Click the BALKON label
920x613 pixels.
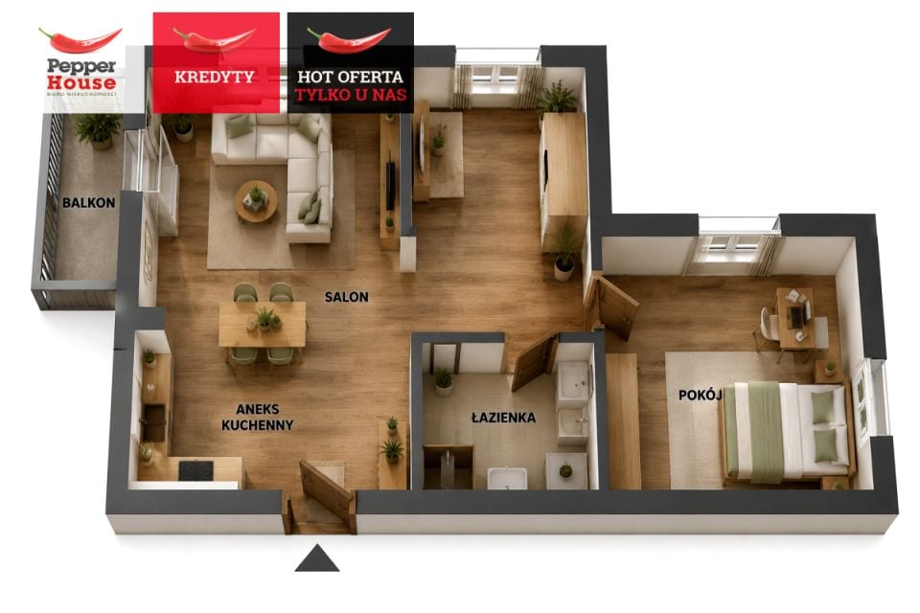tap(88, 203)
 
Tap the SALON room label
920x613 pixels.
tap(347, 297)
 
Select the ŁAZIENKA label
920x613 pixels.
tap(503, 417)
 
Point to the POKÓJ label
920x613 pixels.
tap(700, 395)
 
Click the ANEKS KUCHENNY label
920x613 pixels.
tap(258, 417)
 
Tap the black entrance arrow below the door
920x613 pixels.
tap(317, 557)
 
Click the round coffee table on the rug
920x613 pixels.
tap(256, 202)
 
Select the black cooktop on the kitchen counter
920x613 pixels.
tap(195, 470)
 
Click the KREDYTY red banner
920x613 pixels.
tap(216, 62)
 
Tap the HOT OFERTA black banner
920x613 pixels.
tap(351, 62)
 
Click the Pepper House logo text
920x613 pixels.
tap(81, 74)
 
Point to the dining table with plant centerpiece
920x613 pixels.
tap(263, 325)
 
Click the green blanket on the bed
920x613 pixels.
tap(766, 431)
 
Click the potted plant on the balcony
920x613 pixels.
tap(98, 129)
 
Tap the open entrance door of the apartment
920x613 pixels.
tap(326, 490)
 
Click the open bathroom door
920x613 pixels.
tap(535, 362)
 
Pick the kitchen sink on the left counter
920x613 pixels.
tap(154, 422)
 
